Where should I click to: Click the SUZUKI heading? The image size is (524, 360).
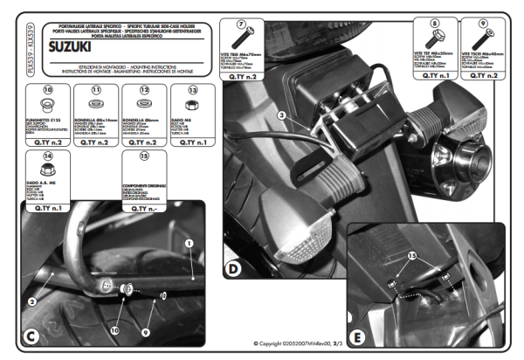[72, 41]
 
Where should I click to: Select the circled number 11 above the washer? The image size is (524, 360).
[96, 90]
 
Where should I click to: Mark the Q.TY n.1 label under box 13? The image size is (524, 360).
[192, 140]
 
